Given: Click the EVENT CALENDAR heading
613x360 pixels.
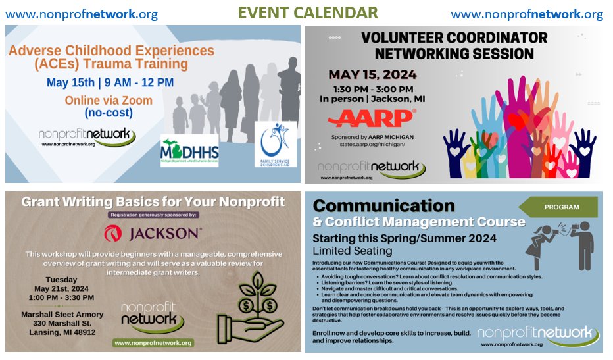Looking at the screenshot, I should (x=307, y=13).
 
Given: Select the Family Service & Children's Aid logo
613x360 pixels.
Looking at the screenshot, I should (x=275, y=144).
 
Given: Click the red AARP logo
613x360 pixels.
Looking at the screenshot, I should (x=371, y=118).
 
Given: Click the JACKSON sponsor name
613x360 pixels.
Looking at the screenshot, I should (x=153, y=233).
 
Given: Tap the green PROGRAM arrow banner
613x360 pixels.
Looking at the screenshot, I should (x=560, y=207).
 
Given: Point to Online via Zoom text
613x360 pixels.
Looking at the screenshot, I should (x=109, y=100).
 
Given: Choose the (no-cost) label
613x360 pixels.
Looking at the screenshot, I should (x=109, y=113).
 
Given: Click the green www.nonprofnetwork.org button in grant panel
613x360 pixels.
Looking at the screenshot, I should (x=153, y=343).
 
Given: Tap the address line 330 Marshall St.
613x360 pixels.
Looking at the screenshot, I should (x=61, y=322).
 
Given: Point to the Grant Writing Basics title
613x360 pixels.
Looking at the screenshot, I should (x=153, y=201).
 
